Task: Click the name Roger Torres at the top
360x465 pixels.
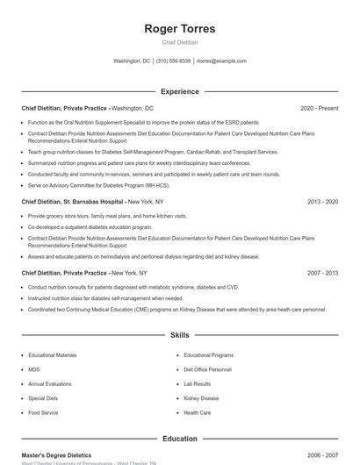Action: click(x=180, y=28)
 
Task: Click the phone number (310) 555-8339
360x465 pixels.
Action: click(x=174, y=61)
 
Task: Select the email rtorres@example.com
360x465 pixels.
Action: click(x=221, y=61)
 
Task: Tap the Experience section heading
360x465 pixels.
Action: click(x=180, y=91)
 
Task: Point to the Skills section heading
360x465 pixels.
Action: click(x=180, y=335)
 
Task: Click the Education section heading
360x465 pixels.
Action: click(x=180, y=439)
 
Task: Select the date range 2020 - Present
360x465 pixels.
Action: click(x=319, y=108)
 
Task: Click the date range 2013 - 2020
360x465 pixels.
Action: click(x=322, y=202)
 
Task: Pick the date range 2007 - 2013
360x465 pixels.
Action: click(x=322, y=273)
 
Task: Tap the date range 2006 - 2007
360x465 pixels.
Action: click(x=322, y=456)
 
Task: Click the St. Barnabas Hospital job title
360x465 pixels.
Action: click(x=74, y=202)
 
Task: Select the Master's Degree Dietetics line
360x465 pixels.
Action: click(x=56, y=456)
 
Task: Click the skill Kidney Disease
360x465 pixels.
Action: click(x=201, y=398)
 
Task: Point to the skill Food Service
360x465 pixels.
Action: click(x=43, y=412)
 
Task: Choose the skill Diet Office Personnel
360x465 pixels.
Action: click(x=207, y=369)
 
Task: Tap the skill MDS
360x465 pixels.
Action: click(x=33, y=369)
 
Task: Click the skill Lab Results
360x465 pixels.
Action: click(x=197, y=384)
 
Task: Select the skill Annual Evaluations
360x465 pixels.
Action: click(x=49, y=384)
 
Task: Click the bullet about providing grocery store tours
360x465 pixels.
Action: click(x=107, y=216)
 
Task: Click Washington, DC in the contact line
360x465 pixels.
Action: click(x=133, y=61)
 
